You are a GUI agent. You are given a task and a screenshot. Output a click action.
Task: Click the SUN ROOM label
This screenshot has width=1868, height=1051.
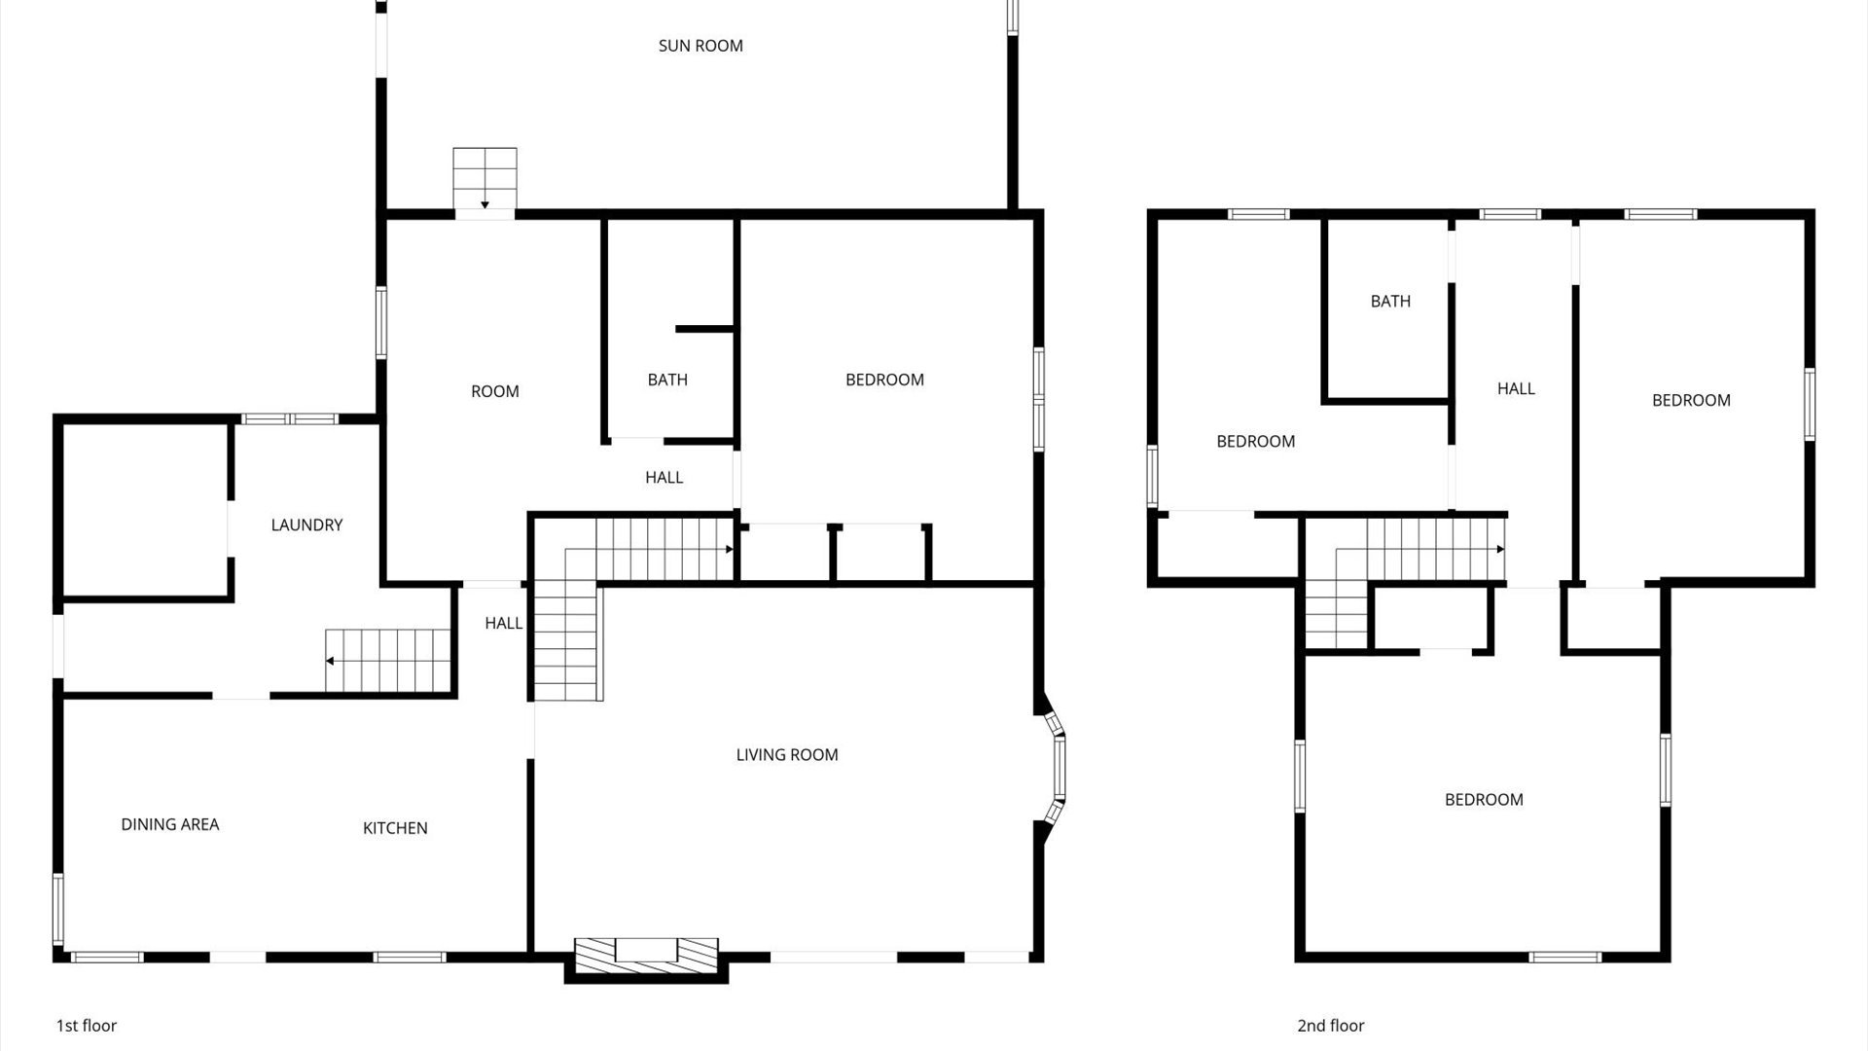[700, 46]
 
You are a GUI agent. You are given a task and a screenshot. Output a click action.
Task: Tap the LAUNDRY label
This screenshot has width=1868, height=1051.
[306, 525]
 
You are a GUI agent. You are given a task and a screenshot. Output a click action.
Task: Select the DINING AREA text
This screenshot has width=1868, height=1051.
[170, 824]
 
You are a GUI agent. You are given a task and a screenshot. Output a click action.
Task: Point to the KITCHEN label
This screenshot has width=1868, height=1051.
[395, 828]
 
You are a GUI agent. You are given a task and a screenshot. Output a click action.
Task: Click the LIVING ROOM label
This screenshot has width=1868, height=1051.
[787, 754]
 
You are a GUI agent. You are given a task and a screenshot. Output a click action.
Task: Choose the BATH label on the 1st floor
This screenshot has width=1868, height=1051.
[667, 380]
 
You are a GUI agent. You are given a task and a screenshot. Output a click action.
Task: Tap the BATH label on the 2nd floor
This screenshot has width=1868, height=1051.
[1390, 302]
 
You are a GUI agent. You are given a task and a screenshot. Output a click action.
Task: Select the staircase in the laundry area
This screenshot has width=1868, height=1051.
[388, 660]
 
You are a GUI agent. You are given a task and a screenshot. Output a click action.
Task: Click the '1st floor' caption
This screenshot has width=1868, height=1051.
[87, 1026]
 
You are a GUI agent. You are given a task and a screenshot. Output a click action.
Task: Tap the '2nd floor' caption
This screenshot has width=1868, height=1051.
[1331, 1026]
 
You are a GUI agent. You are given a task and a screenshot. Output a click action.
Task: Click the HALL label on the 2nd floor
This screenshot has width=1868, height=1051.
[1516, 389]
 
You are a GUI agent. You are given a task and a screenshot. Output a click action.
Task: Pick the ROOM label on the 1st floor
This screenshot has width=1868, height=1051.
[495, 391]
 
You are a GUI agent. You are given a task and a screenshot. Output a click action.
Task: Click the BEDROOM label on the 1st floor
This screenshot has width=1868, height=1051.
[884, 380]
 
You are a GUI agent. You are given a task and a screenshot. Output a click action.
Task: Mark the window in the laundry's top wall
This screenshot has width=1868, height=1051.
[289, 419]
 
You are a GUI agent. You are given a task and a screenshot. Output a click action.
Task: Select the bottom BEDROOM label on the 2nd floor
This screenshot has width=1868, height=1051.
[1484, 800]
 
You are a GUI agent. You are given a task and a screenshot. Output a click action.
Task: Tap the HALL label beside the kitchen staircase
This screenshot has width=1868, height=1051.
[504, 623]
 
